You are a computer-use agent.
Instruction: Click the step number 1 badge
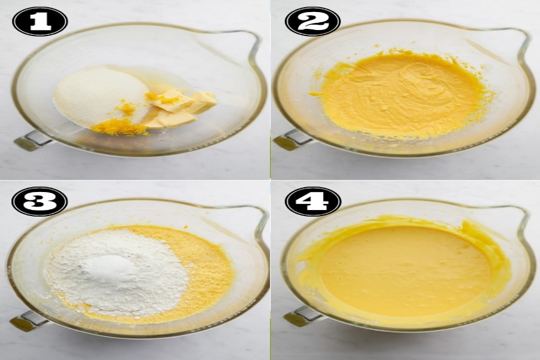tap(40, 22)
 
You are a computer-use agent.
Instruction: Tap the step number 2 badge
tap(313, 22)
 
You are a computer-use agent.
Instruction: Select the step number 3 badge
tap(40, 202)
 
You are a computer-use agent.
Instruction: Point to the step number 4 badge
tap(313, 202)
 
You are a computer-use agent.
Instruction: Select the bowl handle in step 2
tap(293, 140)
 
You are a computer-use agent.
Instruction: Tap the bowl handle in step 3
tap(28, 320)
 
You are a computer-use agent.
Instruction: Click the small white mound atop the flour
tap(110, 265)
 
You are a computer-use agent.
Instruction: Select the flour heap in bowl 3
tap(116, 272)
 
